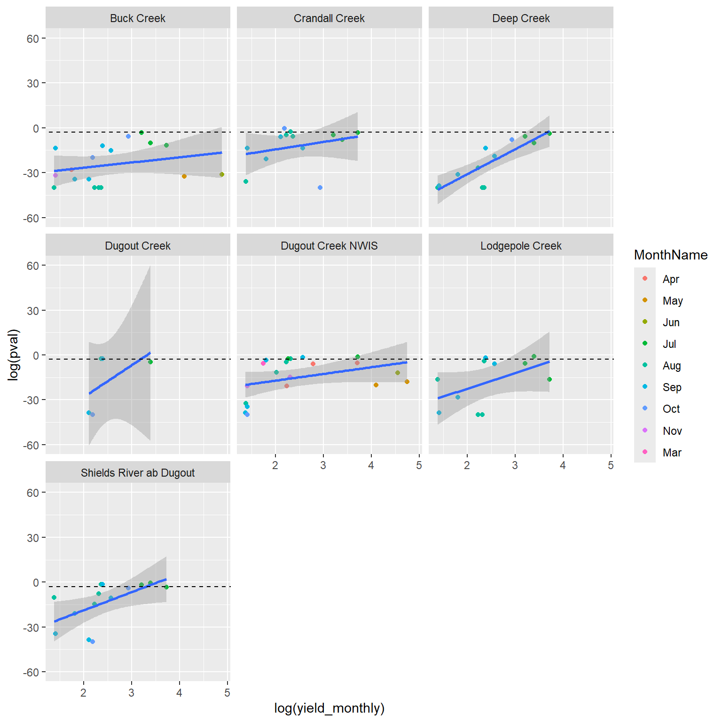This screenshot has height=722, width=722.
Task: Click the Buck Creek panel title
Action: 138,18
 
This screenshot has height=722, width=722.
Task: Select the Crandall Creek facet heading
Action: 329,18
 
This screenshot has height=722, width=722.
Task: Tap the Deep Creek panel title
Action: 521,18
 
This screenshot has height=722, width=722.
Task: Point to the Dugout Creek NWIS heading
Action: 329,246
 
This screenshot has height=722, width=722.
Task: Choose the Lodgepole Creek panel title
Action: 521,246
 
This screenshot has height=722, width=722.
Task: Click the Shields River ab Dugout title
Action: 138,473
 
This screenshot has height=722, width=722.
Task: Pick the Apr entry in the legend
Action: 671,279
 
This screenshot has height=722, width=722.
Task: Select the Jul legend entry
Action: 669,344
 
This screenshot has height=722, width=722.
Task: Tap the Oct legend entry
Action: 671,409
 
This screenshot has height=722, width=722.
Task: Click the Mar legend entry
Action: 672,453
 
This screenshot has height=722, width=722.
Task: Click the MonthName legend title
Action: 671,255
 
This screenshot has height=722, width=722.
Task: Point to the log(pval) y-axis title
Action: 14,355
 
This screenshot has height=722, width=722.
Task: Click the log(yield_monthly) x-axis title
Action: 329,708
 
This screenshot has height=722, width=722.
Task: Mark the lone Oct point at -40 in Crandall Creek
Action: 320,188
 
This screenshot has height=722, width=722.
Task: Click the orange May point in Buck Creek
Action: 184,176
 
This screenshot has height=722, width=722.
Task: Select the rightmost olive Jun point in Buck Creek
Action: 222,174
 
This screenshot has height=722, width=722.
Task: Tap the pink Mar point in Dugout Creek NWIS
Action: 263,363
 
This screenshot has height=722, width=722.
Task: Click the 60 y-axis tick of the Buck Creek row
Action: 33,39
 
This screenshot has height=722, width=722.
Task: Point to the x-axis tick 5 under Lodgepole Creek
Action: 611,465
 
